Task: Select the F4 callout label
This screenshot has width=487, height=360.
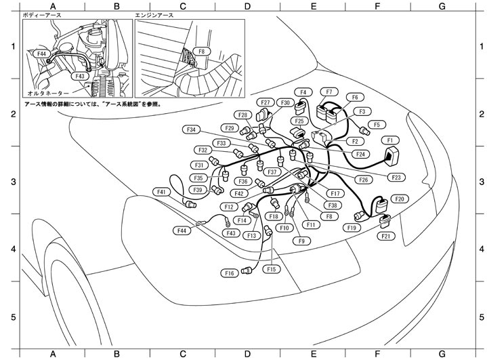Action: click(x=303, y=92)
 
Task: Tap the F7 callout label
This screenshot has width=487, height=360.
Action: click(x=329, y=92)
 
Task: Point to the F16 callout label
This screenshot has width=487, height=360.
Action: click(x=230, y=273)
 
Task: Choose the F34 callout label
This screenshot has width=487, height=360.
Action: click(x=192, y=129)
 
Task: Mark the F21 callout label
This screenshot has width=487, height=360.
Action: click(x=386, y=236)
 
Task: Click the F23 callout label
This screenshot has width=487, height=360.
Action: click(x=397, y=177)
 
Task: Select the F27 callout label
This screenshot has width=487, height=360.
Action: click(x=266, y=102)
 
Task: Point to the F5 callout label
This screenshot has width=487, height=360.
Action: click(x=377, y=125)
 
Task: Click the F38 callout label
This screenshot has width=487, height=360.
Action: click(x=332, y=205)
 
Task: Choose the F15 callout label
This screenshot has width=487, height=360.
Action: click(x=272, y=269)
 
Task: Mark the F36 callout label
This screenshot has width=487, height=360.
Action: click(x=245, y=182)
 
